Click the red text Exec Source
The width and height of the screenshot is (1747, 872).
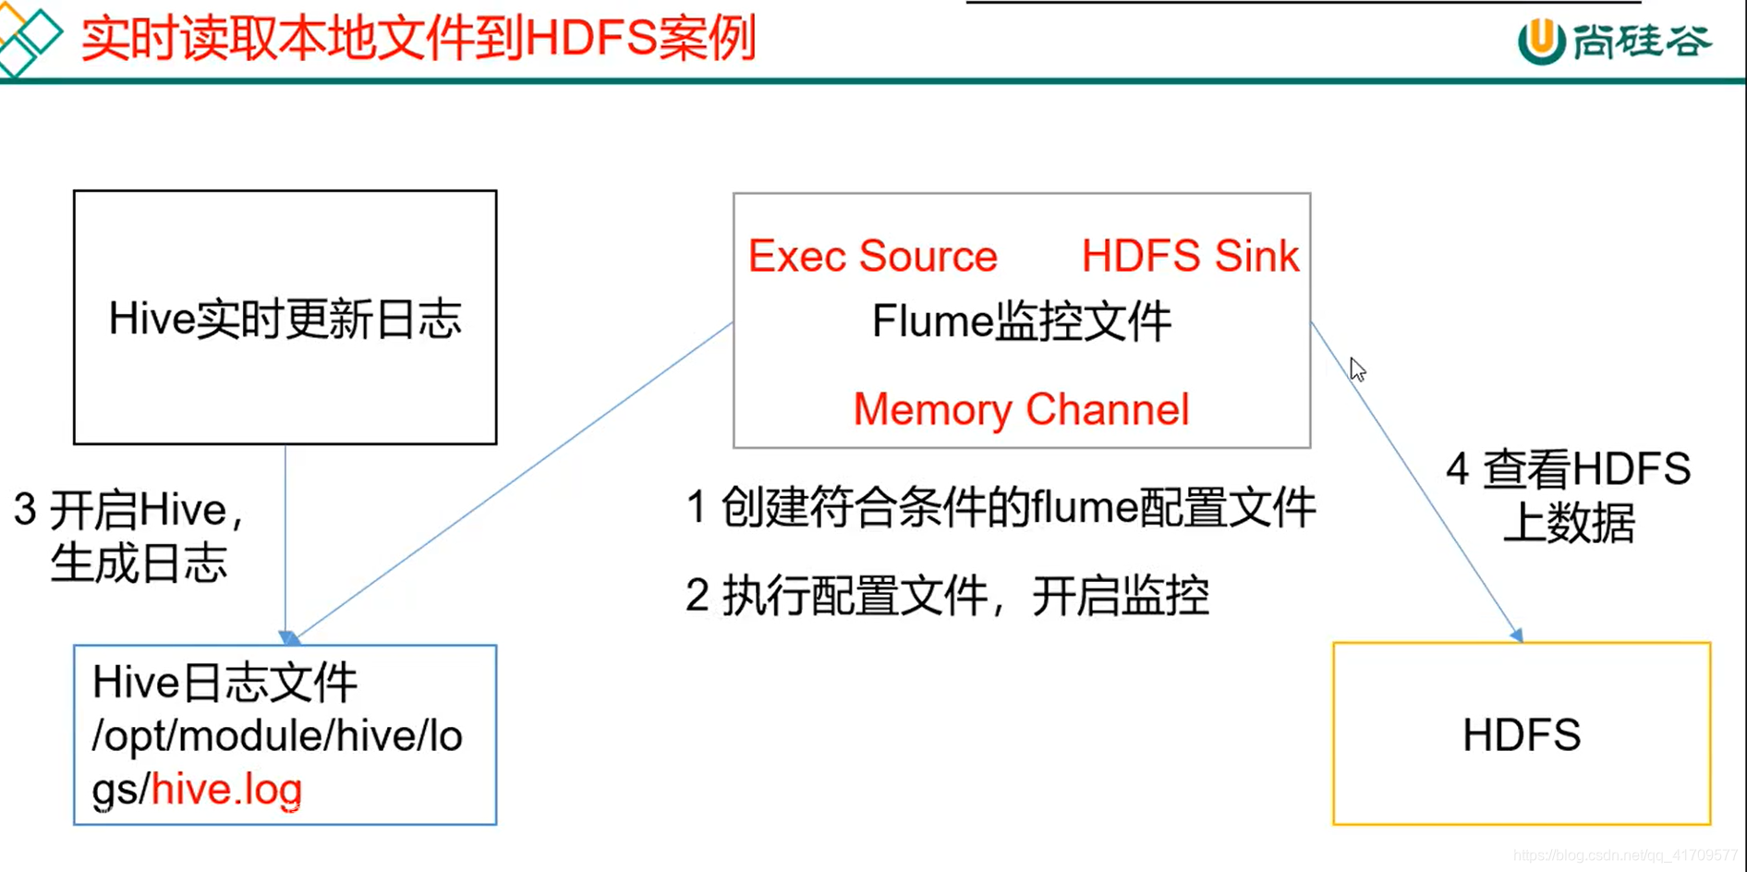pos(872,256)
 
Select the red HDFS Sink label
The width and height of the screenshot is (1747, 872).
pos(1190,256)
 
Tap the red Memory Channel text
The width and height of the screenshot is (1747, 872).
pos(1021,409)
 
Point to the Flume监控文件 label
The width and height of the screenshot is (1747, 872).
pos(1021,322)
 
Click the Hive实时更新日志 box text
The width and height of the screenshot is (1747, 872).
pos(285,320)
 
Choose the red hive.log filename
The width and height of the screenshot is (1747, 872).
pos(226,790)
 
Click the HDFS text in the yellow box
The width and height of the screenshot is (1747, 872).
pos(1521,735)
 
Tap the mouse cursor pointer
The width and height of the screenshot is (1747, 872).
pos(1356,369)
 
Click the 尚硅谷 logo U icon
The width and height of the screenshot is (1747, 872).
pos(1541,41)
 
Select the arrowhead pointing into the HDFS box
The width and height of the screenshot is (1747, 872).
pos(1516,635)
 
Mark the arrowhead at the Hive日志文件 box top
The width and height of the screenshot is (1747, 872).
pos(288,637)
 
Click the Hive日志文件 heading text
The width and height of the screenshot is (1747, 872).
pos(224,684)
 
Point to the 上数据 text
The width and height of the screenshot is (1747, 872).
pos(1569,523)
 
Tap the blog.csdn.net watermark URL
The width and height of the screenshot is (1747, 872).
pos(1625,856)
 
